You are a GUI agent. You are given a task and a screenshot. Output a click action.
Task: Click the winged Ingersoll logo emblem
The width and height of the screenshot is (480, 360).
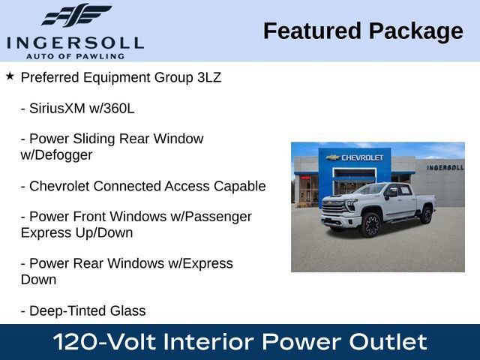click(76, 15)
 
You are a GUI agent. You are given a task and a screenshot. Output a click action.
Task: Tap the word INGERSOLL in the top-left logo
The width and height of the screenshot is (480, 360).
click(75, 43)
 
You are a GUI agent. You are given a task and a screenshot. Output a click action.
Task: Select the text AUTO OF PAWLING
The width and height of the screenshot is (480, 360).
click(75, 55)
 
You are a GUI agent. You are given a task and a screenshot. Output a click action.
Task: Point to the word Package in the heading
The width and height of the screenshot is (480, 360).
click(416, 31)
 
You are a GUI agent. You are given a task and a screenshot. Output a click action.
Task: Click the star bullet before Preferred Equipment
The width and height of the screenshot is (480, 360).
click(10, 76)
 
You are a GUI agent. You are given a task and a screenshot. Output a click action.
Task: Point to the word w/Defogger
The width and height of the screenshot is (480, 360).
click(56, 155)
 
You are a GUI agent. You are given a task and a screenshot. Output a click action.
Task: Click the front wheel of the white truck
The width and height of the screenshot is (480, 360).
click(370, 224)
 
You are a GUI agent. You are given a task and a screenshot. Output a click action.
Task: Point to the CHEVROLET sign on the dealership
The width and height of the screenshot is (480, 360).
click(362, 157)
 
